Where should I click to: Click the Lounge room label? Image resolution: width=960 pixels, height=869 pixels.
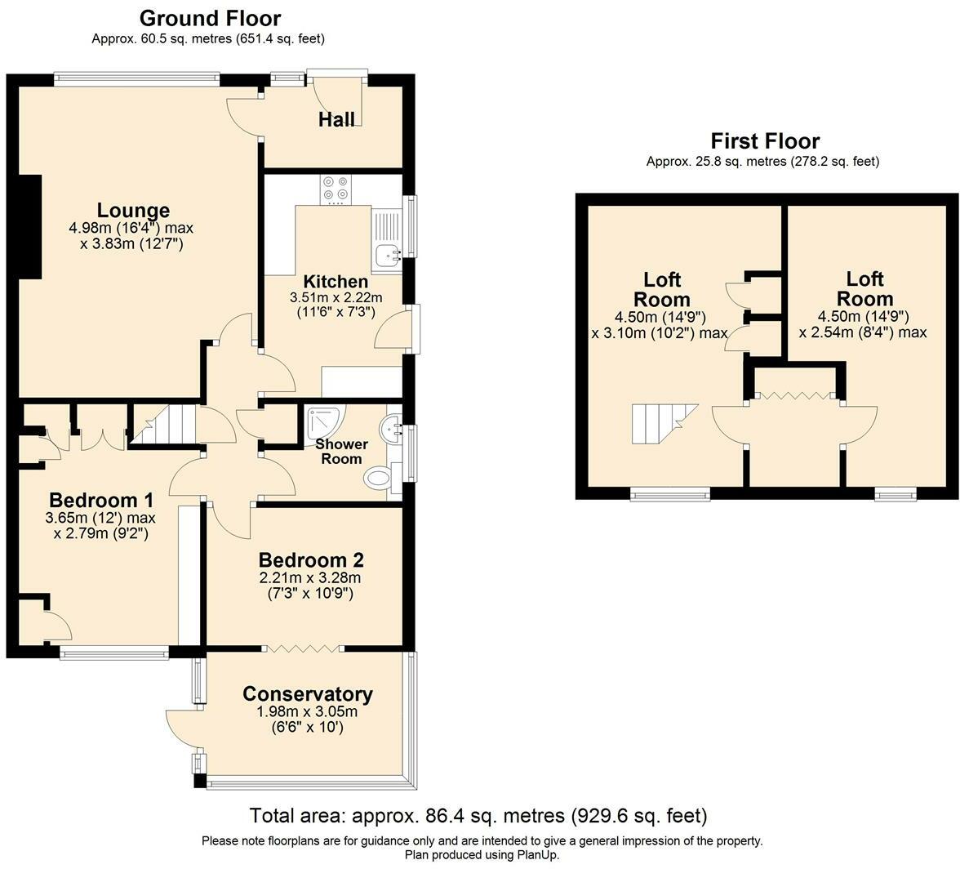(x=134, y=210)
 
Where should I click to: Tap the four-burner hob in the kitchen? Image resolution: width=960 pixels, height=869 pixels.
(x=336, y=189)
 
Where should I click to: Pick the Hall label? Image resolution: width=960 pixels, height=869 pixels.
(x=336, y=119)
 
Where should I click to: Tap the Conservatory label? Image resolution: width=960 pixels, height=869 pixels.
(x=307, y=694)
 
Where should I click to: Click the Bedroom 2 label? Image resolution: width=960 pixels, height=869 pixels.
(x=311, y=559)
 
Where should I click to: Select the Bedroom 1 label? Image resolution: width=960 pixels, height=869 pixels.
(x=101, y=499)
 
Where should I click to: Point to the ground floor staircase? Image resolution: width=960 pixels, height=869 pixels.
(x=165, y=425)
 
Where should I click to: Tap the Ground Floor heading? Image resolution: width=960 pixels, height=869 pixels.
(x=209, y=18)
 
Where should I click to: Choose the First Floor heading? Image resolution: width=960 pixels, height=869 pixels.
(x=765, y=140)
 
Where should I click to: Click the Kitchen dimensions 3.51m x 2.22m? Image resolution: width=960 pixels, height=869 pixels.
(x=336, y=297)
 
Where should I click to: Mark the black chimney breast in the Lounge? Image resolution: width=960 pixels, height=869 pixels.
(x=31, y=226)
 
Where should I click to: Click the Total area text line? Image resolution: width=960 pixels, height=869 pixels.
(x=478, y=816)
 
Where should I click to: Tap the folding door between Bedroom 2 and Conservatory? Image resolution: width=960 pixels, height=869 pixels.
(x=301, y=648)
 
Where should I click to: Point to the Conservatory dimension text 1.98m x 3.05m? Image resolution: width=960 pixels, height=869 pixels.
(x=307, y=711)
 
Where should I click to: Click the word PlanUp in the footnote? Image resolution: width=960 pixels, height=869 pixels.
(x=536, y=854)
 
